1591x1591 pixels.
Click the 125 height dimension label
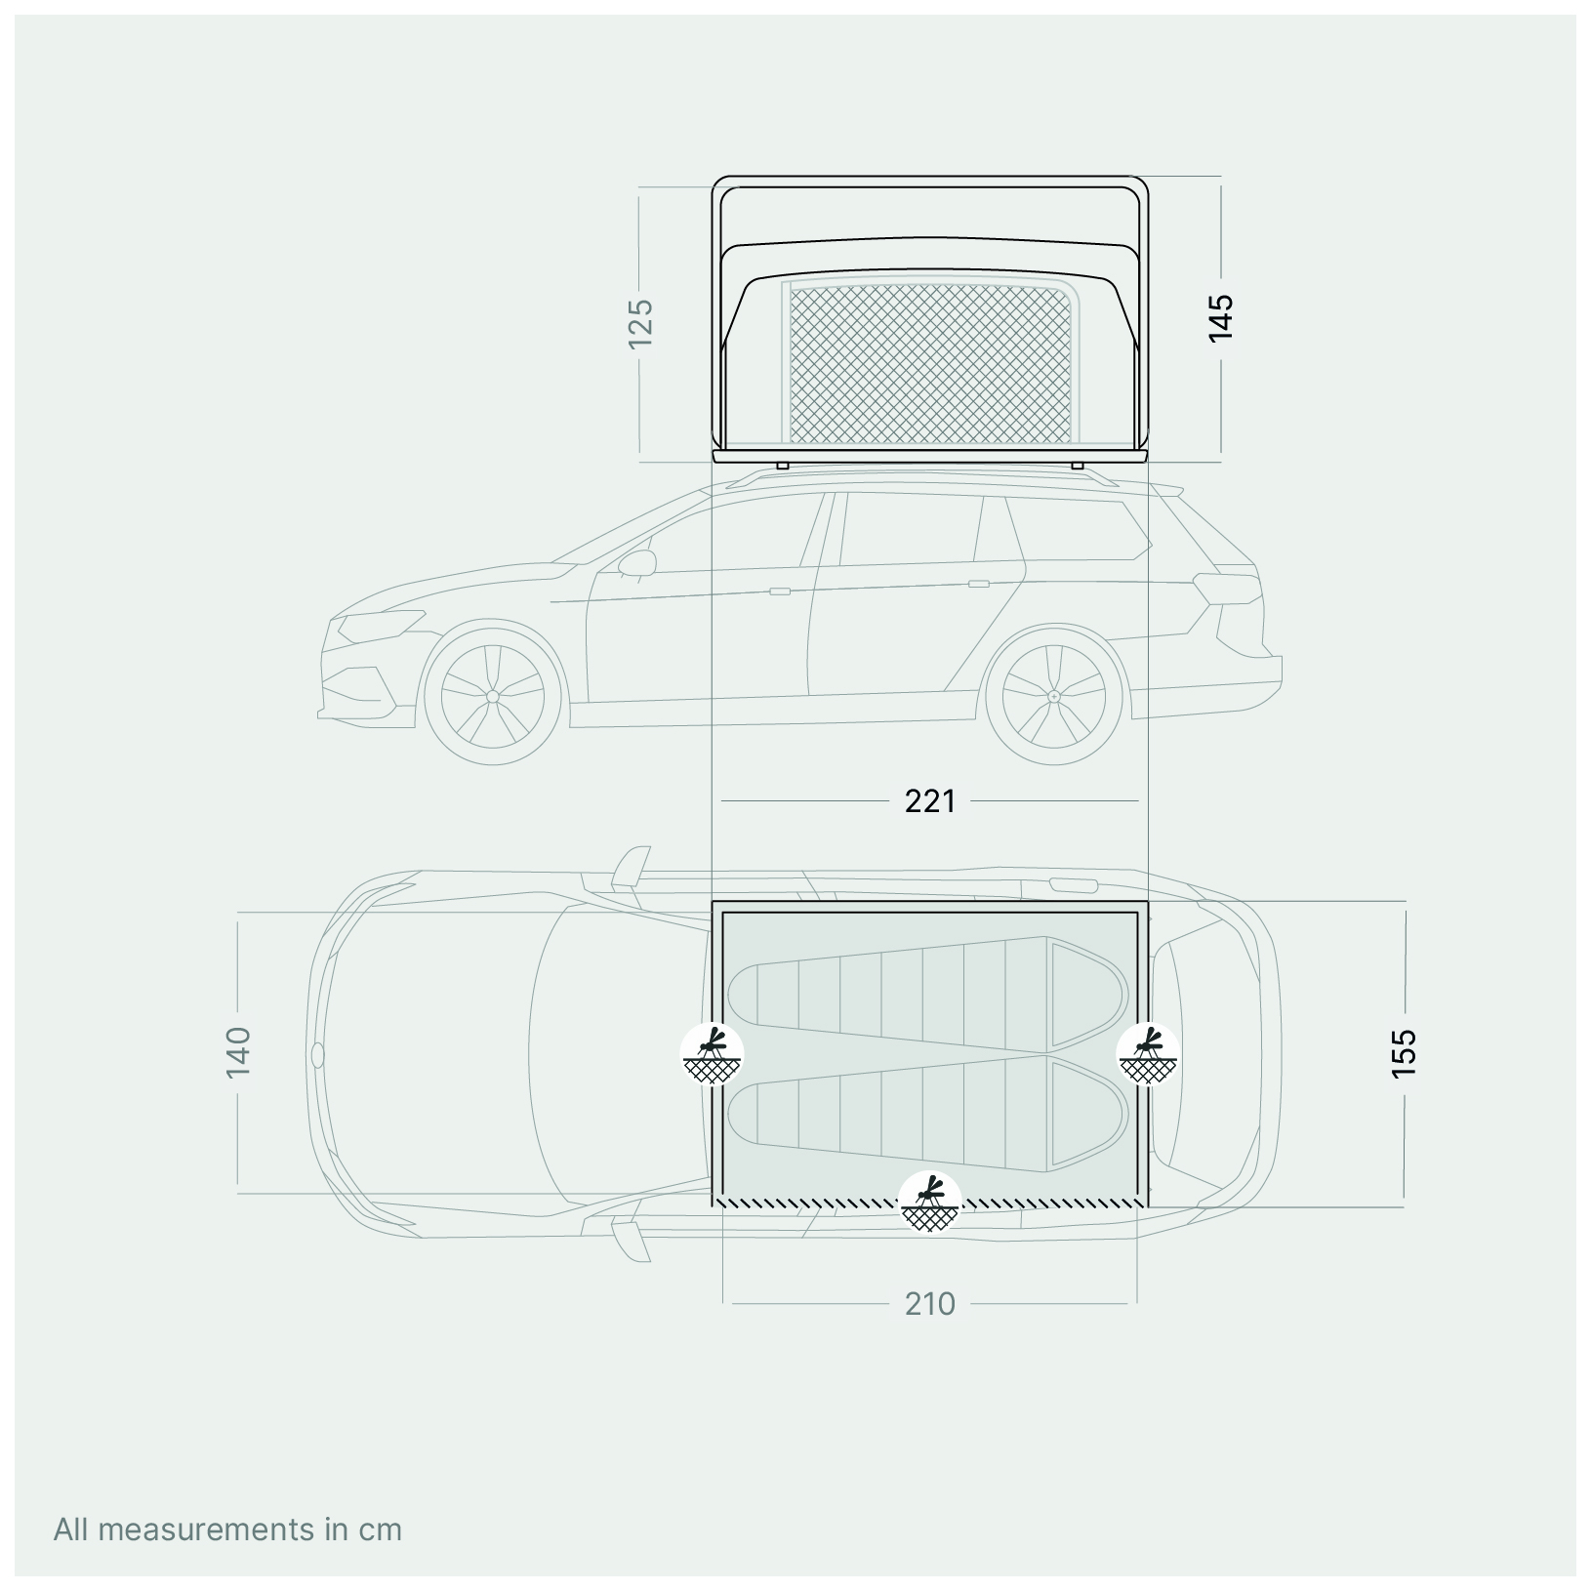(640, 322)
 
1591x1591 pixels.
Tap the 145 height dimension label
(1221, 317)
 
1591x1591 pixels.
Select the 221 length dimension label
(929, 801)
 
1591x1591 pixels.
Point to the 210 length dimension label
(929, 1304)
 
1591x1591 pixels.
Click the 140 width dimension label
(239, 1051)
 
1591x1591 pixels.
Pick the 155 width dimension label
(1404, 1052)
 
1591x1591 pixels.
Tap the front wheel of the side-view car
(493, 696)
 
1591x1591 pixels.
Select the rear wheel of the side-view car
(1054, 696)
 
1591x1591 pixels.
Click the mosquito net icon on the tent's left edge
(713, 1054)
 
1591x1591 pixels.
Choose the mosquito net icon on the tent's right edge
(1149, 1054)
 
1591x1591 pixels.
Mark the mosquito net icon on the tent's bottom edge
(930, 1203)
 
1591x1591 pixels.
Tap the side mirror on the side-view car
(636, 563)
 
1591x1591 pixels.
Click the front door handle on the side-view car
(779, 591)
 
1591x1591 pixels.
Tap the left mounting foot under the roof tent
(782, 466)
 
